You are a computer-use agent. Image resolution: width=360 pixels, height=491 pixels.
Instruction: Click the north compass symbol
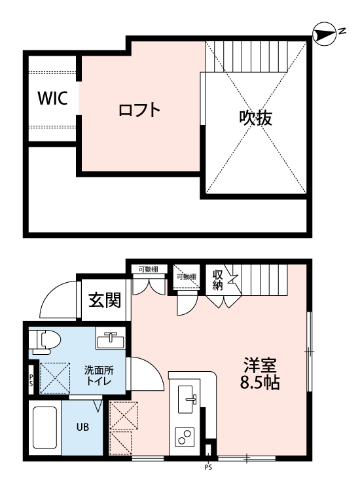coord(325,33)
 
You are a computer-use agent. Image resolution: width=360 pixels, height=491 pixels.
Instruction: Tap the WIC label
coord(52,98)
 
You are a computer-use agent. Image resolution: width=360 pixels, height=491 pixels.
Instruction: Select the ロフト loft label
coord(139,110)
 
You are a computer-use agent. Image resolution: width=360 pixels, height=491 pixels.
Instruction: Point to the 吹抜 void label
coord(256,118)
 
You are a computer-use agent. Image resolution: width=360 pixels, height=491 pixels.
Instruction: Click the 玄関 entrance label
coord(105,300)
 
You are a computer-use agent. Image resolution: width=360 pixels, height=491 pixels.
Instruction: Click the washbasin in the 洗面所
coord(111,340)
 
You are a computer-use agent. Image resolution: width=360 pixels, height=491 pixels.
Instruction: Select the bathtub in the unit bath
coord(45,427)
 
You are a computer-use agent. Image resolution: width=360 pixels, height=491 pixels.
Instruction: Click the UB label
coord(82,427)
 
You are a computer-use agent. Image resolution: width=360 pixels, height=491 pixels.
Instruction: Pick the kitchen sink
coord(185,399)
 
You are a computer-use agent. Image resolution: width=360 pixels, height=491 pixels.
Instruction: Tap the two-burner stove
coord(185,437)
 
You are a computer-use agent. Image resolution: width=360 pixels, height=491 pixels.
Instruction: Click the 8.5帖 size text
coord(260,382)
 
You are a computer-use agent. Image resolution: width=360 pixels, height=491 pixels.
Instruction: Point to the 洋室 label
coord(260,365)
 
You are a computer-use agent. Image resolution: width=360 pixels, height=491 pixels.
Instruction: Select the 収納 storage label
coord(218,280)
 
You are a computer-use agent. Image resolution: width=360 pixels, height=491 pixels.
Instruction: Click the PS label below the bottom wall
coord(209,468)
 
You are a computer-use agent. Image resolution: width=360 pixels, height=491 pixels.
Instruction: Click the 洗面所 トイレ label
coord(99,375)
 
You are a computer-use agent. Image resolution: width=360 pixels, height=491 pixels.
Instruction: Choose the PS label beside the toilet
coord(31,380)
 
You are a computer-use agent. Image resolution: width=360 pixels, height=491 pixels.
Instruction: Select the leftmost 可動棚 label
coord(149,269)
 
